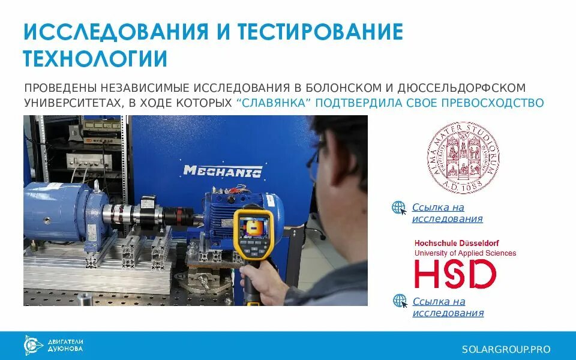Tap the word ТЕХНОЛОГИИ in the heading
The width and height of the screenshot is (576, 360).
point(95,59)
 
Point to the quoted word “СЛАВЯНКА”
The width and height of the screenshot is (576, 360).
point(274,103)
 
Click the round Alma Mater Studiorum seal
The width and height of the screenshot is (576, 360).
point(463,155)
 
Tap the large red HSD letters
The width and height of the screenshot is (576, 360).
point(455,274)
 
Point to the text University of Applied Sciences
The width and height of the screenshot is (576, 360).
point(465,253)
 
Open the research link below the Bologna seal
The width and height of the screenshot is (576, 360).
point(446,213)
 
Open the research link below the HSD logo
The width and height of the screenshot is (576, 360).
point(447,307)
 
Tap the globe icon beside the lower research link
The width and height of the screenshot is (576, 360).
point(400,301)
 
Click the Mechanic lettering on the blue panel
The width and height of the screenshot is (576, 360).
point(222,171)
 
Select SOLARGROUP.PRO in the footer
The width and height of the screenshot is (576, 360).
point(506,349)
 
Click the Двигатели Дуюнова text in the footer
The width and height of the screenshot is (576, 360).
point(65,345)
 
